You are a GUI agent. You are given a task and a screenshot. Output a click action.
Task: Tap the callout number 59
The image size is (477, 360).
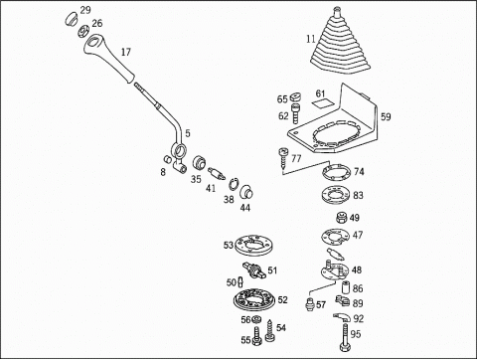coord(386,116)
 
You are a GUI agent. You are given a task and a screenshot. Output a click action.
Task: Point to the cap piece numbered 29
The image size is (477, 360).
coord(71,18)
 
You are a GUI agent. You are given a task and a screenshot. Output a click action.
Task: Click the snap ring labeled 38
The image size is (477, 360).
coord(235,184)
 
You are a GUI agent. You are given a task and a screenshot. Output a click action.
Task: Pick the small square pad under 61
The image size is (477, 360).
coord(323,103)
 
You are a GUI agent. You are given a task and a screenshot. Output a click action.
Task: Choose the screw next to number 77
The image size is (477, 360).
coord(283,158)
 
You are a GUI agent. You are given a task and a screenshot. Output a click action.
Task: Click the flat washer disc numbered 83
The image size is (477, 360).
coord(336,194)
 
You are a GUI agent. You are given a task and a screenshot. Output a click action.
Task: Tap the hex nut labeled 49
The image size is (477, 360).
coord(342,218)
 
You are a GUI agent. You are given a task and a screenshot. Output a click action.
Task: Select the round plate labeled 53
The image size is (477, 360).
coord(253,245)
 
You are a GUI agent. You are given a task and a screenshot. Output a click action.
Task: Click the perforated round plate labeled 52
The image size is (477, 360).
coord(254,299)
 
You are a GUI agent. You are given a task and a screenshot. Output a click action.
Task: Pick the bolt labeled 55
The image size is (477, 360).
coord(257,336)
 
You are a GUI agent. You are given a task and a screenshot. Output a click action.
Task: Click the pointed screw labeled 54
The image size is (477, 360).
coord(270,331)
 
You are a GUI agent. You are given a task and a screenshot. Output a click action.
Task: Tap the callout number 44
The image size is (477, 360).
coord(245,208)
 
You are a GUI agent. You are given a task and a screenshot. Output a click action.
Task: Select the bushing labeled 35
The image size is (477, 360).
coord(199,162)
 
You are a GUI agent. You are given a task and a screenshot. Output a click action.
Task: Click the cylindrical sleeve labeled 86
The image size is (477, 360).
coord(346,287)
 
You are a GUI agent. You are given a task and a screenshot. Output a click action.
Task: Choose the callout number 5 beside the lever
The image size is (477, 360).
coord(188,133)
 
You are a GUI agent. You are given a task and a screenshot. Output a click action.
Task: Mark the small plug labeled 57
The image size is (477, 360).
coord(309,304)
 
